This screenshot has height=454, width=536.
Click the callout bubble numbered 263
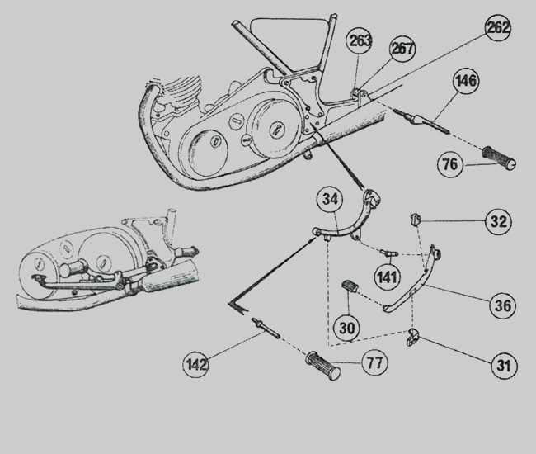point(360,41)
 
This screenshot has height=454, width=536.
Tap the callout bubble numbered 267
point(402,48)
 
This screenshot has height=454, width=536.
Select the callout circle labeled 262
point(498,28)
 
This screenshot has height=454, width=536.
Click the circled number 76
point(450,164)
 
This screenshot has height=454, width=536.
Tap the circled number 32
point(498,221)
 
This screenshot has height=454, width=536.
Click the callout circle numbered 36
point(502,305)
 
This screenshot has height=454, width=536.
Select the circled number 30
point(348,328)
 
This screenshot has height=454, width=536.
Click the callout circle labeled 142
point(196,362)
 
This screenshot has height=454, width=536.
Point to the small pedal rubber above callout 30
point(351,288)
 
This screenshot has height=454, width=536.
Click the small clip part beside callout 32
point(416,220)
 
